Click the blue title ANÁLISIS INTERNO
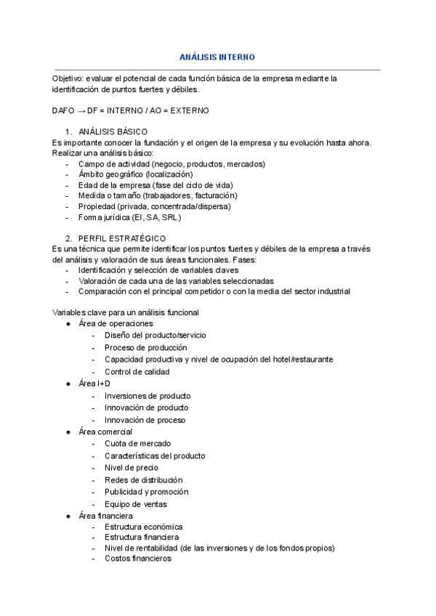[217, 57]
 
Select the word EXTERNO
[191, 110]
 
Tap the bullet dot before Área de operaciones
[68, 323]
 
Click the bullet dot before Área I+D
[68, 384]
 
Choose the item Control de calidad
[137, 372]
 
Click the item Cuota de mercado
[137, 443]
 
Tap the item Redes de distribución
[143, 480]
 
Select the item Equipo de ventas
[135, 504]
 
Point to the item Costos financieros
[137, 559]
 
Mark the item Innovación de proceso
[145, 420]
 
